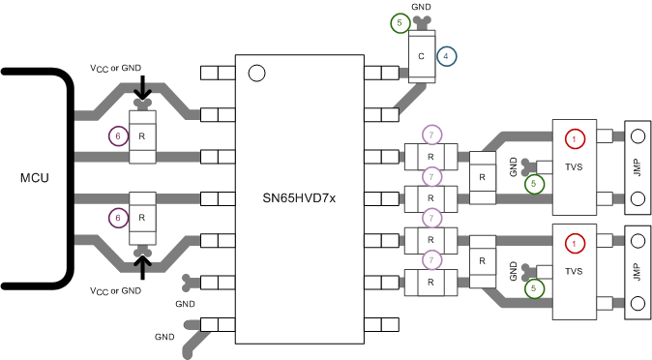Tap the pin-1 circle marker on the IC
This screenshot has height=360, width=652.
click(256, 73)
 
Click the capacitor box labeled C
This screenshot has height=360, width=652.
click(421, 56)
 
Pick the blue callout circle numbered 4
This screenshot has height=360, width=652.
click(446, 56)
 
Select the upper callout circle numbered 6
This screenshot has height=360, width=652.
click(117, 137)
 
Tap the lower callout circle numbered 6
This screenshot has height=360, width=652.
click(117, 220)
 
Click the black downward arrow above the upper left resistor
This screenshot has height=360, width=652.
click(142, 88)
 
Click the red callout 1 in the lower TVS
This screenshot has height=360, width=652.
click(575, 243)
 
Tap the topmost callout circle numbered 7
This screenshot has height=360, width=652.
click(432, 134)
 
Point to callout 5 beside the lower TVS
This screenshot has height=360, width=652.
click(533, 287)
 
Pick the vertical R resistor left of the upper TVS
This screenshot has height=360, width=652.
click(480, 177)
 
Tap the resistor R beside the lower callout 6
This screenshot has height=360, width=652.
click(142, 220)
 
